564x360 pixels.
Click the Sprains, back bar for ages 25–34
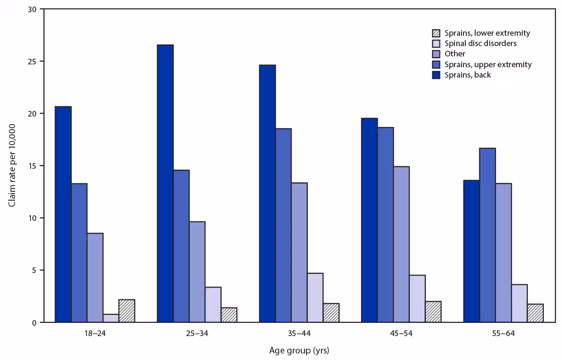click(165, 183)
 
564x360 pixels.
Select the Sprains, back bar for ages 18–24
click(63, 214)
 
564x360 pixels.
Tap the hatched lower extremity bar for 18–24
click(126, 311)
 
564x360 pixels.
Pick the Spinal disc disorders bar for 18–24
click(111, 318)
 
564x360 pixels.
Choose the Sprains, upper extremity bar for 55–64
click(487, 235)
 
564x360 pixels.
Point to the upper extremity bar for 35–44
click(283, 225)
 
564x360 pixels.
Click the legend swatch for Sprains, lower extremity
click(436, 33)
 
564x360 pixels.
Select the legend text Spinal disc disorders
click(481, 44)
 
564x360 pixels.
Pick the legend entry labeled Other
click(455, 54)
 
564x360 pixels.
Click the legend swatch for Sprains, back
click(436, 75)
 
